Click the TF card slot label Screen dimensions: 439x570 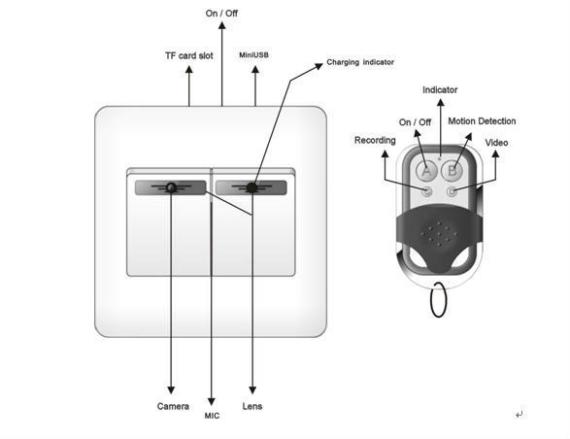[x=189, y=56]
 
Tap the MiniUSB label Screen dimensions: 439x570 [x=254, y=56]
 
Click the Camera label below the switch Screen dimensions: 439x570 [x=173, y=406]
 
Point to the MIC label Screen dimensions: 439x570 [x=212, y=415]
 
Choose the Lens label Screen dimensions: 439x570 [x=251, y=406]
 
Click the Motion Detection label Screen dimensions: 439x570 [x=483, y=121]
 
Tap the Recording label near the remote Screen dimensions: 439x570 [x=375, y=141]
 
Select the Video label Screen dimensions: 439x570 [x=496, y=142]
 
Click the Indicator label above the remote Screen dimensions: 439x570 [x=440, y=90]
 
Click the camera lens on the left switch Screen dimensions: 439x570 [x=172, y=187]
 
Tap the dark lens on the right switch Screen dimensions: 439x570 [x=251, y=187]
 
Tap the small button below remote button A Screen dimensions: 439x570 [x=426, y=191]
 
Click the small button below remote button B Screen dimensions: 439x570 [x=452, y=191]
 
